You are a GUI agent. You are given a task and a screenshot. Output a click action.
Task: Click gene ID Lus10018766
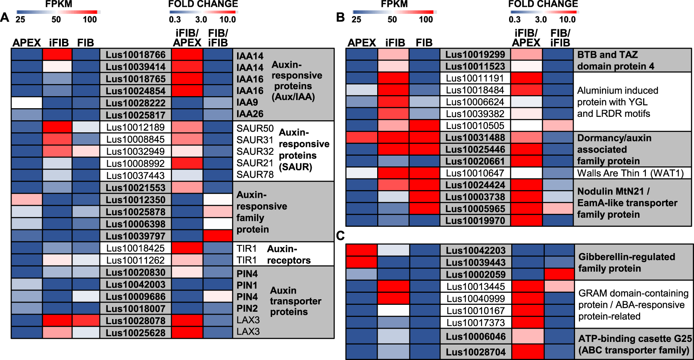135,55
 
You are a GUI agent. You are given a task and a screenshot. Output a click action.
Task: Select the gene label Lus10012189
135,127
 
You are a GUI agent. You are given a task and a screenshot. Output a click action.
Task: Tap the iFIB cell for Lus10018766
57,54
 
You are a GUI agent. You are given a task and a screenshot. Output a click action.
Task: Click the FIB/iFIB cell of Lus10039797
218,236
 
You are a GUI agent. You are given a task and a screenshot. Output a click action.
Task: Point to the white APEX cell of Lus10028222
27,103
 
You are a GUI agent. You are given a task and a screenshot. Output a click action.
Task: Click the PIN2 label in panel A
247,308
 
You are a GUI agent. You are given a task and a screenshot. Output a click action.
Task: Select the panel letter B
340,17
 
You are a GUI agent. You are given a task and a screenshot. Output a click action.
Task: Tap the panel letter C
340,236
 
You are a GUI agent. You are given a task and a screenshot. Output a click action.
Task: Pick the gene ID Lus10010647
474,173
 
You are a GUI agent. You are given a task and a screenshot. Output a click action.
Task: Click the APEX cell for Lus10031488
362,138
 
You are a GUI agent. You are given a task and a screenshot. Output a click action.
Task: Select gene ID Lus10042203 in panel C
475,250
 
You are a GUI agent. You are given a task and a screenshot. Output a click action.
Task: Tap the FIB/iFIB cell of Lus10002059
559,274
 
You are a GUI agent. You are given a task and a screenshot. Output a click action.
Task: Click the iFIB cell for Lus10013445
393,286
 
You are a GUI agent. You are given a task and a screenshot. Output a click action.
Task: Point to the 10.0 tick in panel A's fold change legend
227,19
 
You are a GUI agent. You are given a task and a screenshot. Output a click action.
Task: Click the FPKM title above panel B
394,4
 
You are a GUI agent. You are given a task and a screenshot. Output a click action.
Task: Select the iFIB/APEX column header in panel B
526,38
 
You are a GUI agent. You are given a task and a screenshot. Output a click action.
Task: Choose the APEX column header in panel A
26,43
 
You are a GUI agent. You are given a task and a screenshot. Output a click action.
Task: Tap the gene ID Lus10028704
475,352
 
